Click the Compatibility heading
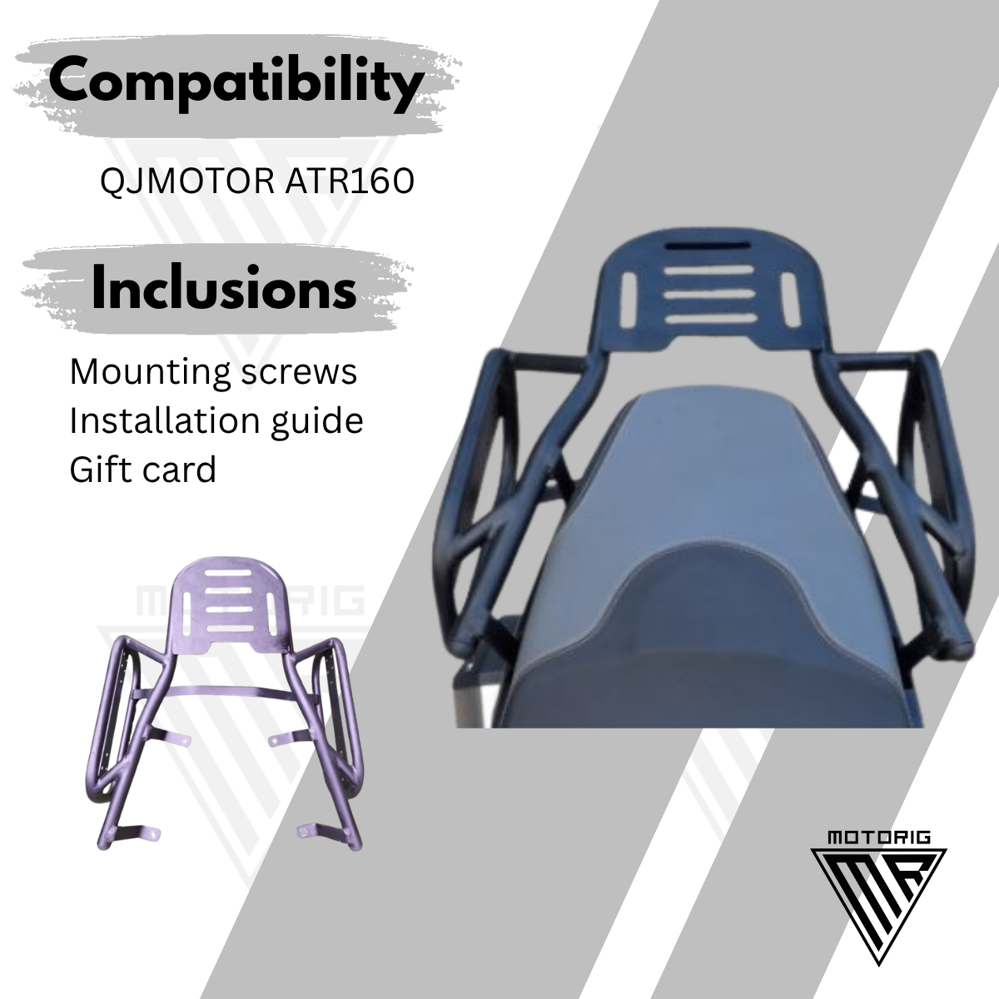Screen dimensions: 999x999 tap(236, 83)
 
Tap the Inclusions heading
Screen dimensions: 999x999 tap(224, 286)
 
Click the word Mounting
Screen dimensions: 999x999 tap(151, 373)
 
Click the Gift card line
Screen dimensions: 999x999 tap(142, 470)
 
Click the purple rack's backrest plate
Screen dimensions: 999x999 tap(229, 603)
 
